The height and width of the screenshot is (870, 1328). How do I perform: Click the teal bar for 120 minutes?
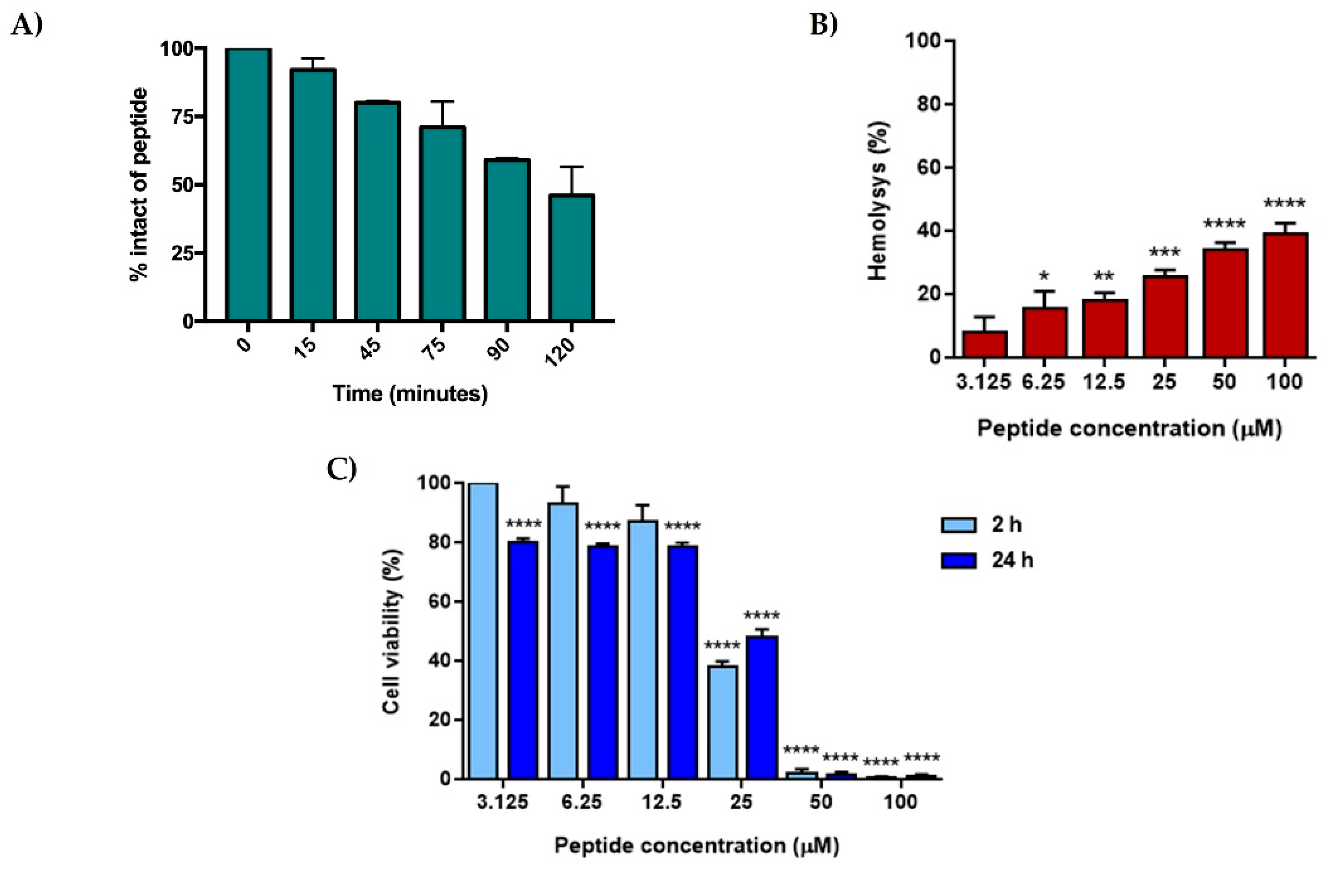pyautogui.click(x=571, y=258)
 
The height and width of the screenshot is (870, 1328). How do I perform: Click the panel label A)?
pyautogui.click(x=27, y=26)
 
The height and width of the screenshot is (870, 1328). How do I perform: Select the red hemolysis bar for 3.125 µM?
pyautogui.click(x=985, y=344)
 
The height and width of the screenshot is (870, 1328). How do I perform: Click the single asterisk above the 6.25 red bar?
pyautogui.click(x=1044, y=276)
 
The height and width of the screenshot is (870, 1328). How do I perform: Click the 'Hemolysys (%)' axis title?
pyautogui.click(x=879, y=201)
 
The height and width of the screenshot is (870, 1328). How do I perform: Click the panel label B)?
pyautogui.click(x=824, y=26)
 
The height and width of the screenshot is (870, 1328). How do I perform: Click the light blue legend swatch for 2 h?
pyautogui.click(x=959, y=526)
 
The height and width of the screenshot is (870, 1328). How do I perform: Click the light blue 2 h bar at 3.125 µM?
pyautogui.click(x=483, y=631)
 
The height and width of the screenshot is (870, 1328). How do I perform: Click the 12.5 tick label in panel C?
pyautogui.click(x=662, y=802)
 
